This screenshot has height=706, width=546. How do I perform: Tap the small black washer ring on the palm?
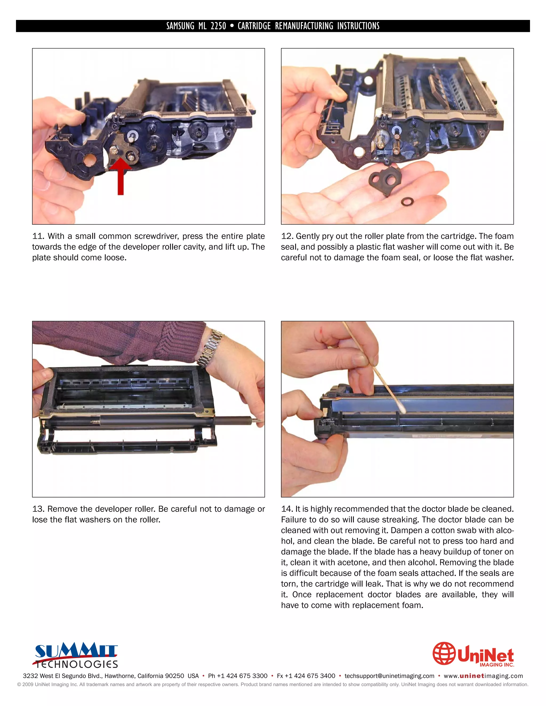point(407,202)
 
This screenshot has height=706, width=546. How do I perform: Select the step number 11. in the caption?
point(38,236)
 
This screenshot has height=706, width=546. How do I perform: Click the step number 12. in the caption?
point(287,236)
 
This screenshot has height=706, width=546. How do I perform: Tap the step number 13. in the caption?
point(38,509)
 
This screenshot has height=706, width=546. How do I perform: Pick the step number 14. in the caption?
point(287,509)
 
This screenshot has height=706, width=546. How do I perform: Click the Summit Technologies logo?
point(76,655)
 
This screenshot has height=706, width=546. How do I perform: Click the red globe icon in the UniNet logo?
point(444,653)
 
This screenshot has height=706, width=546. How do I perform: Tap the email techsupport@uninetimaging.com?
point(389,676)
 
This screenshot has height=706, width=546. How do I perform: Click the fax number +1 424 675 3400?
point(310,676)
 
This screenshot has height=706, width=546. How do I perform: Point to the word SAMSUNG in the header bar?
point(180,26)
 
